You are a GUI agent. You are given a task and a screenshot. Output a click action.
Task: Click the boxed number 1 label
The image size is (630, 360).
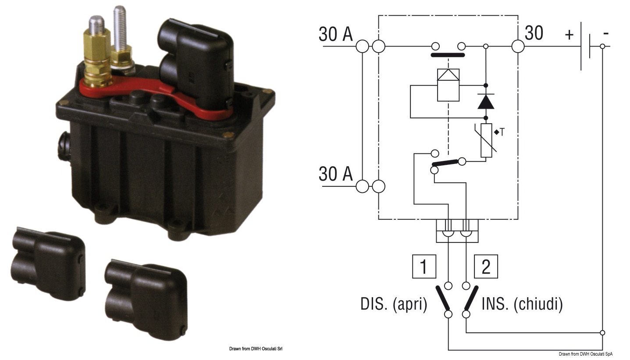(x=424, y=266)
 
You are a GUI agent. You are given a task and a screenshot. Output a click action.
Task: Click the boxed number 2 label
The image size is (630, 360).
(x=486, y=266)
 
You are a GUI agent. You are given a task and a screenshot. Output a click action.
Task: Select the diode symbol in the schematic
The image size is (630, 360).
(x=486, y=102)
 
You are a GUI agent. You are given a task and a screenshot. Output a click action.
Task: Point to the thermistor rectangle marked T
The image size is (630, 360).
(x=486, y=140)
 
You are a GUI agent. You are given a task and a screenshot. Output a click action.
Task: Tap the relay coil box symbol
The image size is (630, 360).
(x=448, y=85)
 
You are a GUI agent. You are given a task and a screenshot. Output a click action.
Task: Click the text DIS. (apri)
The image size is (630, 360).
(x=394, y=304)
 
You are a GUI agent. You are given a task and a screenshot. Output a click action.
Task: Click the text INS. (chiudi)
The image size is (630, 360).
(x=522, y=304)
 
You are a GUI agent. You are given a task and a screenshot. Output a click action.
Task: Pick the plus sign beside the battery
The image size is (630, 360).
(x=569, y=35)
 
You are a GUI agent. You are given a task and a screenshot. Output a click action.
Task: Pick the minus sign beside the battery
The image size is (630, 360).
(x=606, y=34)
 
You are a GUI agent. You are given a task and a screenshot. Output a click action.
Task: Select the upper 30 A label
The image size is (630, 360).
(x=335, y=34)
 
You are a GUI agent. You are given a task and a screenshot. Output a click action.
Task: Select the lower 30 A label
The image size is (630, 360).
(x=335, y=174)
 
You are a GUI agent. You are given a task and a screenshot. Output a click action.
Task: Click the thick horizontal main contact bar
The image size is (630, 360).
(x=448, y=55)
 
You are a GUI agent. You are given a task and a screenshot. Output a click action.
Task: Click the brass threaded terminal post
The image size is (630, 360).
(x=97, y=52)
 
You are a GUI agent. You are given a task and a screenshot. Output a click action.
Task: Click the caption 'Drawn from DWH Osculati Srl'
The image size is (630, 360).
(x=256, y=349)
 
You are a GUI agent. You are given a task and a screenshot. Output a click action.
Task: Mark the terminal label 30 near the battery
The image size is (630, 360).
(x=534, y=33)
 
